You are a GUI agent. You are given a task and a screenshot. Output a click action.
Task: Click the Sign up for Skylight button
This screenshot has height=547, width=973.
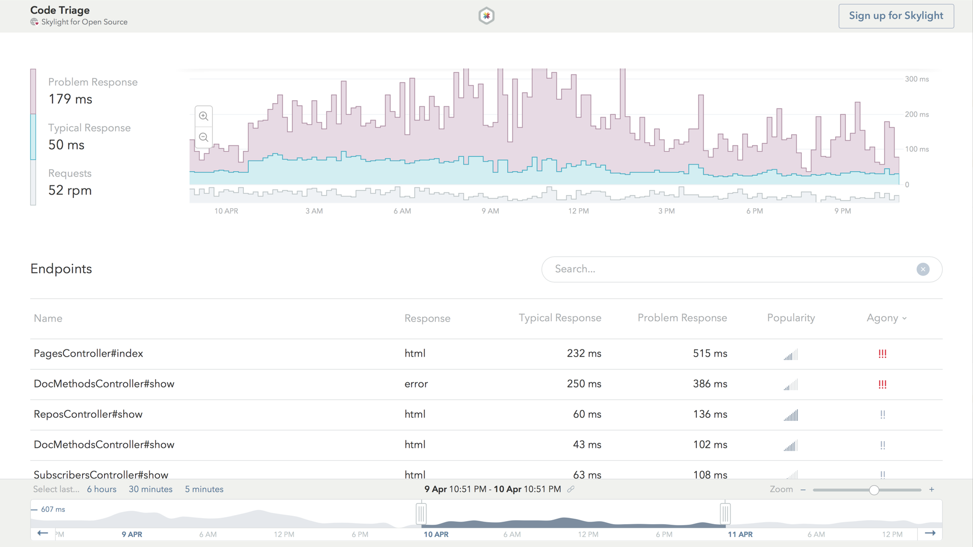896,16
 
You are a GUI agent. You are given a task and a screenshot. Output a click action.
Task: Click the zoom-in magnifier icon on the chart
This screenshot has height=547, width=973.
204,116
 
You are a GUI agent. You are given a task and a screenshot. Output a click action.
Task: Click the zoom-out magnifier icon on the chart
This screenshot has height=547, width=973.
204,137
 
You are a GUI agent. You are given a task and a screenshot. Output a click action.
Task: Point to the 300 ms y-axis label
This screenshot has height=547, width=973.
917,79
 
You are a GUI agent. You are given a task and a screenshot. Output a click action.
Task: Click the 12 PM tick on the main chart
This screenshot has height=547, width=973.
578,211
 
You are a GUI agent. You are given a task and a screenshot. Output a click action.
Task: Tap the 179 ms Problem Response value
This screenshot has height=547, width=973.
70,99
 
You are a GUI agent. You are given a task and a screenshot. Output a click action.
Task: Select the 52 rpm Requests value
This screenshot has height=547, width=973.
70,190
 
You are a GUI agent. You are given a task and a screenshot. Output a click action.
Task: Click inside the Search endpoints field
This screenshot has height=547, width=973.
730,269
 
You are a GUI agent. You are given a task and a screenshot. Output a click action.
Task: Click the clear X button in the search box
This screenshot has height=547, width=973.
923,269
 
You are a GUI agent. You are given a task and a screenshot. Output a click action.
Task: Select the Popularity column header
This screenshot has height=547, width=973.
791,318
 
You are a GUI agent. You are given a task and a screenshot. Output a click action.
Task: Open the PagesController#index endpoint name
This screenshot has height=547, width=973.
88,354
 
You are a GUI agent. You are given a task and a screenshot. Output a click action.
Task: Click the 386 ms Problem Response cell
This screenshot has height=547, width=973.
709,384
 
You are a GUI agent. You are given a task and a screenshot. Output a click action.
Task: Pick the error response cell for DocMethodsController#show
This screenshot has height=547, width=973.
416,384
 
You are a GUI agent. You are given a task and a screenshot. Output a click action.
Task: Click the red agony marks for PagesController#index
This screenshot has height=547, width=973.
882,354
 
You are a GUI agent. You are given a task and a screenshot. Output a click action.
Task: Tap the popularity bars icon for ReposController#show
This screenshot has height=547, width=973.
791,415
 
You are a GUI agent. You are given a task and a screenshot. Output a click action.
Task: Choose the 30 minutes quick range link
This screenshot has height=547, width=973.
151,489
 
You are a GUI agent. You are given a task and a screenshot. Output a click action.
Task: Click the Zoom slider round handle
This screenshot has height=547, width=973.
874,490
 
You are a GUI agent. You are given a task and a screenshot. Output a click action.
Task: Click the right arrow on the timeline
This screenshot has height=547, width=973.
930,533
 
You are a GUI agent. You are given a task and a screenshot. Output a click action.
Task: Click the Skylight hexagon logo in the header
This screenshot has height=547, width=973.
486,16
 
